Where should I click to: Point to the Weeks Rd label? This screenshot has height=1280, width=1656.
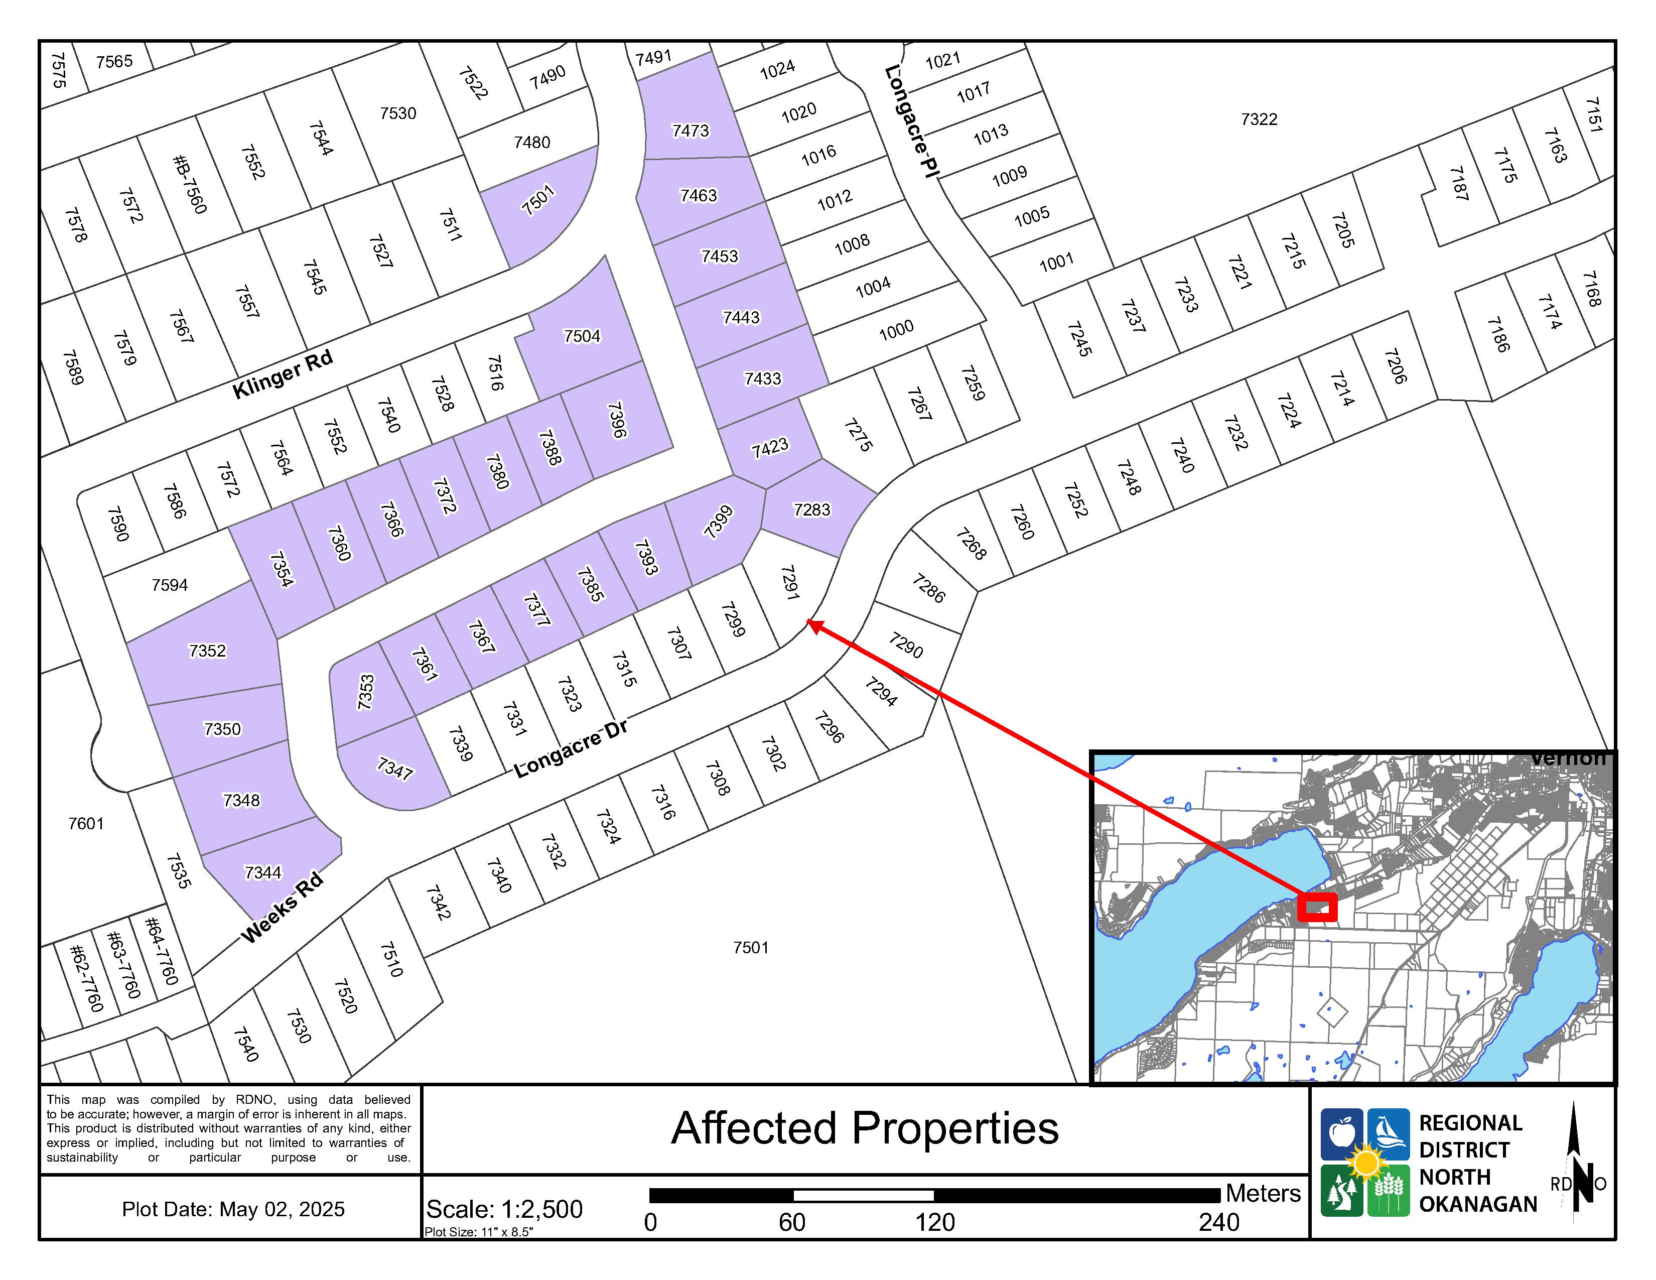point(282,908)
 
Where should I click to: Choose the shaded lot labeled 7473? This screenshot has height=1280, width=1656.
point(690,131)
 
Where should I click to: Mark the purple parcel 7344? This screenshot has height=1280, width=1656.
point(262,872)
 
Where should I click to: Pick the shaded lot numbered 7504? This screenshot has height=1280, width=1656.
point(582,335)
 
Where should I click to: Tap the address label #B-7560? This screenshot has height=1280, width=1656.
point(189,184)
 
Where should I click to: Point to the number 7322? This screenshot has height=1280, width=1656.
point(1259,119)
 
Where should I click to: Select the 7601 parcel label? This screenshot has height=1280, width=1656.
point(86,824)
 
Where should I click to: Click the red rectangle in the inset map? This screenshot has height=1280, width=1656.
point(1316,907)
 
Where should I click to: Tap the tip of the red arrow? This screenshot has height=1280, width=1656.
point(809,622)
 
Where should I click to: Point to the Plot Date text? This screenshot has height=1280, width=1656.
point(233,1209)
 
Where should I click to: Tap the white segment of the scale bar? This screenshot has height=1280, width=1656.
point(863,1195)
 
